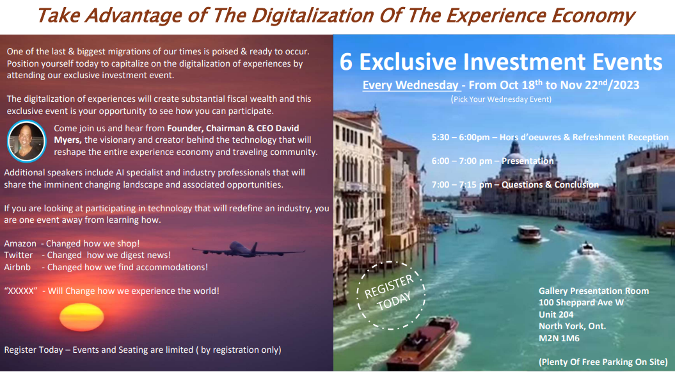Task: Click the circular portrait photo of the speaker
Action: tap(26, 141)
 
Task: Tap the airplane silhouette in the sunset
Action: tap(248, 249)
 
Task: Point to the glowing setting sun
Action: tap(81, 318)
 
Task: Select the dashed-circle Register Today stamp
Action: tap(390, 295)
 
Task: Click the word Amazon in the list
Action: tap(20, 243)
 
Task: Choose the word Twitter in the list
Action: tap(19, 255)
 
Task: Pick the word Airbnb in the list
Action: tap(18, 267)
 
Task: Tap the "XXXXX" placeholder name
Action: tap(20, 291)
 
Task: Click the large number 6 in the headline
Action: tap(346, 62)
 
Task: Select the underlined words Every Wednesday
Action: tap(411, 85)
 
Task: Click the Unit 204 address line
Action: tap(556, 314)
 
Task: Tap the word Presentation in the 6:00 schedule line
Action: tap(528, 161)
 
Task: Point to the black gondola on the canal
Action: tap(469, 229)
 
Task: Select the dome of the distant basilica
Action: tap(514, 157)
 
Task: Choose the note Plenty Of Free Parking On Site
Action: tap(603, 362)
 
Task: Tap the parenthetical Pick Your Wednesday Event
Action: tap(501, 99)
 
